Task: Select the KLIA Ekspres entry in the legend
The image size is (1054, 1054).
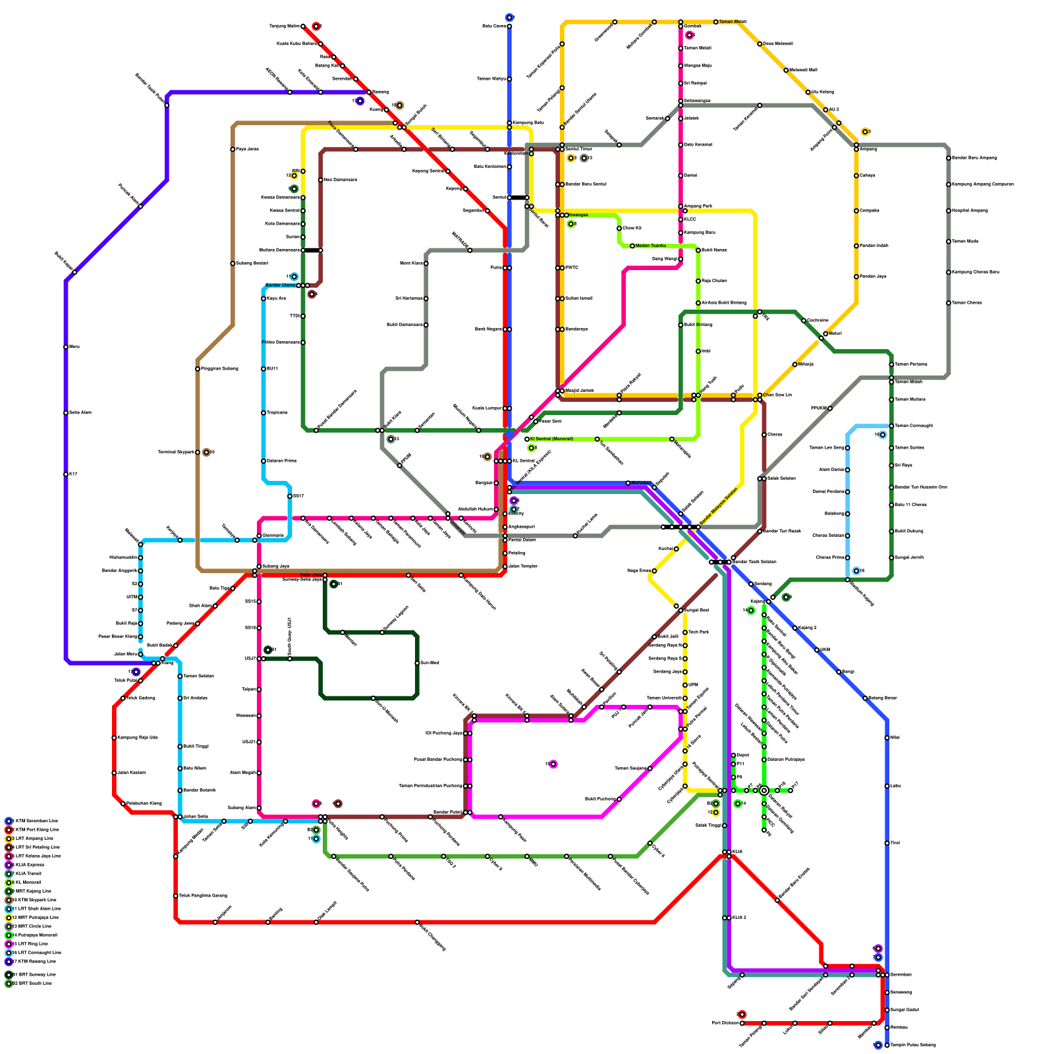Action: [29, 865]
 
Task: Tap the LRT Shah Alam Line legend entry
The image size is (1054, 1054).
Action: [37, 908]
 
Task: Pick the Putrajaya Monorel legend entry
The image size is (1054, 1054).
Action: [36, 935]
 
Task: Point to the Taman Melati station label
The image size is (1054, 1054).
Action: [733, 22]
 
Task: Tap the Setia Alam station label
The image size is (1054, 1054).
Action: [80, 412]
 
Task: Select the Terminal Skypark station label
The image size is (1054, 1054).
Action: [176, 452]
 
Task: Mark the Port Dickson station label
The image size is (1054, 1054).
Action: [725, 1023]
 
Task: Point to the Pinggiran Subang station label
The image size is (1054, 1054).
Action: [219, 368]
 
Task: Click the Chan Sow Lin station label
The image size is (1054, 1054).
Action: [777, 395]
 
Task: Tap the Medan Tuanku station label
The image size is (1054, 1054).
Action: [651, 246]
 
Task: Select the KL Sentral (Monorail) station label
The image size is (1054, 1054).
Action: [551, 439]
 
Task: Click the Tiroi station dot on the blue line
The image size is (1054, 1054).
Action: [887, 843]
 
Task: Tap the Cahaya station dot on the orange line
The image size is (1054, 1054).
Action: [856, 176]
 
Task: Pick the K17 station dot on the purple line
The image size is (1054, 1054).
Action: [66, 474]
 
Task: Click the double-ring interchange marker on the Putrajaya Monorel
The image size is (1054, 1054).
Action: [764, 790]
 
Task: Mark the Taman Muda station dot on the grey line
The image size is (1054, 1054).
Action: [949, 242]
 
